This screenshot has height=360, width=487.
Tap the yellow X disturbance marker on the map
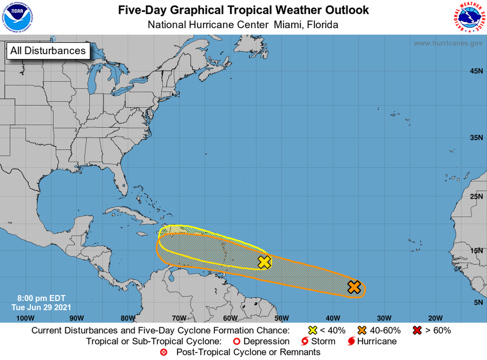click(x=265, y=262)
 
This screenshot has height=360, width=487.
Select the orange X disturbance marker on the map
click(x=354, y=287)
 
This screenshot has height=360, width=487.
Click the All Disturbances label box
click(x=48, y=50)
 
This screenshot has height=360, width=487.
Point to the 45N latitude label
click(x=476, y=71)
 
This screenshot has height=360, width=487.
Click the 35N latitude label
click(x=476, y=138)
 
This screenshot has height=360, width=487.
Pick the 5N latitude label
click(x=478, y=302)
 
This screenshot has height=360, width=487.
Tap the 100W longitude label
click(x=25, y=318)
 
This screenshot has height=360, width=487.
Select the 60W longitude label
click(x=230, y=318)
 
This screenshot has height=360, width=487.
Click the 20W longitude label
click(x=435, y=318)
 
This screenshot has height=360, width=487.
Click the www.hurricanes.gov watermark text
click(x=448, y=43)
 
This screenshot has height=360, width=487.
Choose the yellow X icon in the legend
click(x=313, y=330)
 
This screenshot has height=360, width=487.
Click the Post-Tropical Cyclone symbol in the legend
click(x=163, y=352)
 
